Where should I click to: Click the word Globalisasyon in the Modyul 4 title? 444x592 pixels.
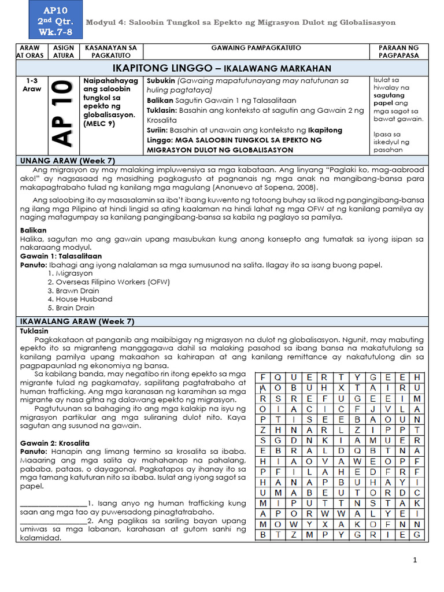tap(367, 23)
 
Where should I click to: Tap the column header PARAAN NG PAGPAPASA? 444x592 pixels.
tap(398, 51)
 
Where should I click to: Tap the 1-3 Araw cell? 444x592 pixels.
tap(32, 85)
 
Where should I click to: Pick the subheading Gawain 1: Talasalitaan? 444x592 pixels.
tap(61, 256)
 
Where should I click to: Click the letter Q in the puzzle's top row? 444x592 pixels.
tap(279, 377)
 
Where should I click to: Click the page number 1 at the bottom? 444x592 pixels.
tap(415, 560)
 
